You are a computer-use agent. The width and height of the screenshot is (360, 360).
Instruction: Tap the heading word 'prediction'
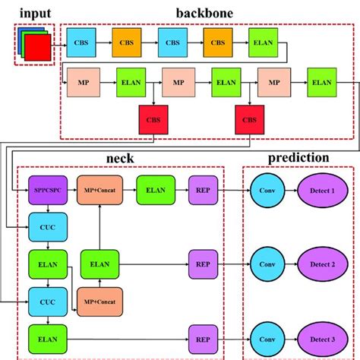[x=299, y=158]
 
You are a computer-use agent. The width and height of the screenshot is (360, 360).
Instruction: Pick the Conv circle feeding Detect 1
[x=267, y=189]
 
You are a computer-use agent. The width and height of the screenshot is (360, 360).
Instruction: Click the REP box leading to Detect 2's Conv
[x=202, y=264]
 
